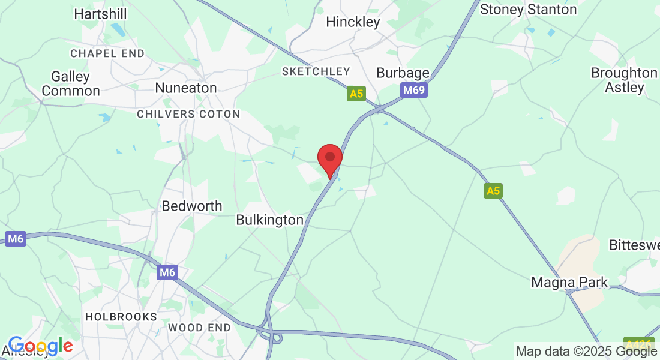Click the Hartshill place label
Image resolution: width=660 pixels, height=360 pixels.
pos(100,14)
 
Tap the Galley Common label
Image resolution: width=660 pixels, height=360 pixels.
pos(71,84)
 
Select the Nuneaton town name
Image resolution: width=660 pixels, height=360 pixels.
pos(185,88)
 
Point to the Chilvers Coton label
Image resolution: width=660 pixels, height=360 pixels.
pos(188,114)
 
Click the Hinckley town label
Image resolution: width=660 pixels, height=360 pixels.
pos(353,22)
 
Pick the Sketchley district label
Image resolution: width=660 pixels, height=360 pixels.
pos(316,72)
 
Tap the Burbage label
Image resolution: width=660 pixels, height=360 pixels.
pos(403,73)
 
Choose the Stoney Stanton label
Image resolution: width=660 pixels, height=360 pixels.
pos(529,10)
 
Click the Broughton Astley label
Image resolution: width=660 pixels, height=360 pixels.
pos(624,80)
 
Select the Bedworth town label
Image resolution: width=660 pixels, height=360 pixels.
pos(192,206)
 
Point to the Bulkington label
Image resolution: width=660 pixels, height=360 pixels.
pos(270,220)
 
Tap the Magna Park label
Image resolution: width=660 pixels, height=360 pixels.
pos(569,282)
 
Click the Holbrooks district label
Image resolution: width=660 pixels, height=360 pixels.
pos(121,316)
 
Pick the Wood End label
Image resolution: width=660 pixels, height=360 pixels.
pos(199,328)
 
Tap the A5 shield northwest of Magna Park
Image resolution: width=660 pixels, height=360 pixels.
pos(493,191)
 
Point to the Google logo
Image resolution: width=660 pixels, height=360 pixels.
pos(40,346)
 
